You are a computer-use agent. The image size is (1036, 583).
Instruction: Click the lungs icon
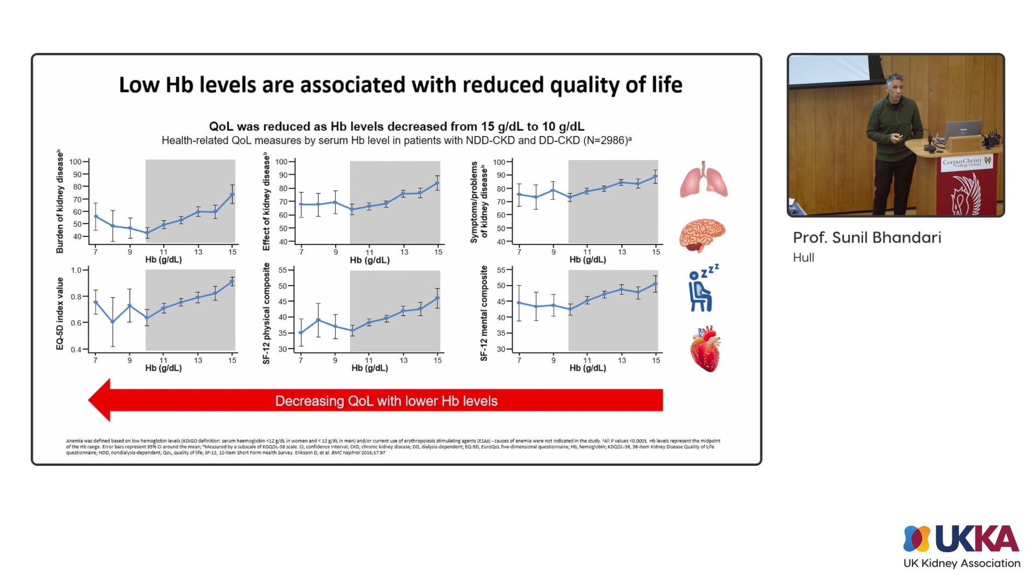pos(704,180)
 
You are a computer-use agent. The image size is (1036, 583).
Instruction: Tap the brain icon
pos(702,235)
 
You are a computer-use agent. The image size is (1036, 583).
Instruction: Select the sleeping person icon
pos(702,288)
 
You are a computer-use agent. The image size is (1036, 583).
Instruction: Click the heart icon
pos(705,349)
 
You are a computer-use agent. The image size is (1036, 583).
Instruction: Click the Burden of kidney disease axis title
pos(60,202)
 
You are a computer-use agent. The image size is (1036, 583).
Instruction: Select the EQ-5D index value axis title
pos(60,314)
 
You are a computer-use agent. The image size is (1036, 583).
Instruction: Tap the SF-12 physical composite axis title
pos(266,314)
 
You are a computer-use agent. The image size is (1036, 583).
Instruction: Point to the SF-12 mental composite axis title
pos(484,314)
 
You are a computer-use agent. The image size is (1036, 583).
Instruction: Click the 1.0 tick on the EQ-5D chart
pos(76,270)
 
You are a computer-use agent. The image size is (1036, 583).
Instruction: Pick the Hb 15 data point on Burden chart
pos(233,194)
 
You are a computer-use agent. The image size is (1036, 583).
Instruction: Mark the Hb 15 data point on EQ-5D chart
pos(233,281)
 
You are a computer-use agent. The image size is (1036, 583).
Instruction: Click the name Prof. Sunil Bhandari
pos(867,238)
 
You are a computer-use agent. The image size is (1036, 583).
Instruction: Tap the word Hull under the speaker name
pos(803,257)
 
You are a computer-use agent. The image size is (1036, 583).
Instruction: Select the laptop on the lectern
pos(963,129)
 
